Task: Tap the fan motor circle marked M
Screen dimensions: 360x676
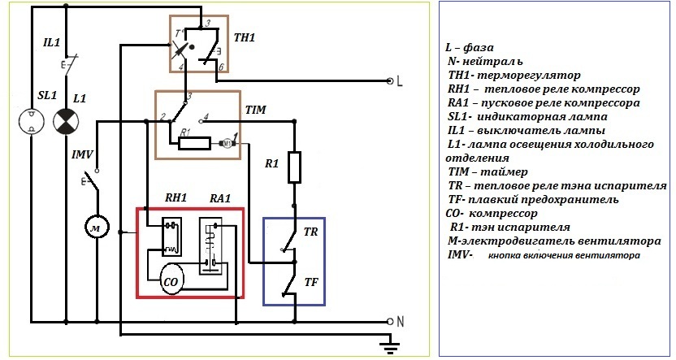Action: (97, 228)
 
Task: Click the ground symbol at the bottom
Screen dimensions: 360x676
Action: (391, 347)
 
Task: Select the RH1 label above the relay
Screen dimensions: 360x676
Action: (176, 197)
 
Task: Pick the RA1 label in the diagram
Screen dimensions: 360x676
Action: (220, 197)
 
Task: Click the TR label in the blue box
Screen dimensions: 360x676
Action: (310, 232)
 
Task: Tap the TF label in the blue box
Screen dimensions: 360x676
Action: (310, 282)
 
